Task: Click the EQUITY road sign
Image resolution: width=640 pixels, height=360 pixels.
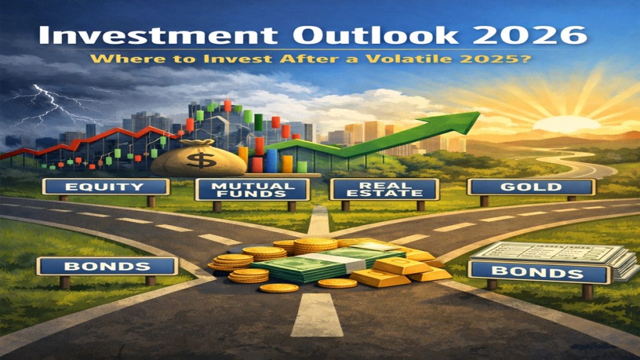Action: tap(106, 187)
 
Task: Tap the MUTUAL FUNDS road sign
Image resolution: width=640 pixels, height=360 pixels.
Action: tap(252, 190)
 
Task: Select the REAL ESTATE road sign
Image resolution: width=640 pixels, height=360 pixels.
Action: tap(384, 189)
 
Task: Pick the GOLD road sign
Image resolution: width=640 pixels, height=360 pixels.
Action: tap(531, 187)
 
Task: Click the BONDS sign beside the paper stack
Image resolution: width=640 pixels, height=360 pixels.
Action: tap(539, 272)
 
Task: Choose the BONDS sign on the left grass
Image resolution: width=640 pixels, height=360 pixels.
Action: tap(107, 266)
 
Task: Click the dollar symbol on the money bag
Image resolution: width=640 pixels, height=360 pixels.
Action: tap(201, 159)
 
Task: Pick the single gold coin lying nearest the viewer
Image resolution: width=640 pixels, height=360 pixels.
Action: tap(279, 288)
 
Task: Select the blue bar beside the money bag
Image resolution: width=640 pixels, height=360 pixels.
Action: tap(271, 161)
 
